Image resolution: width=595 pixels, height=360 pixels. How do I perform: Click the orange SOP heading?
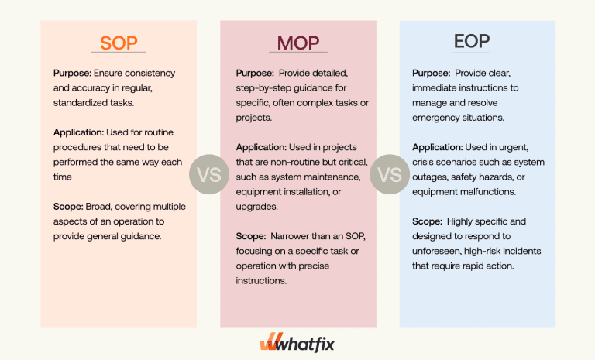tap(118, 43)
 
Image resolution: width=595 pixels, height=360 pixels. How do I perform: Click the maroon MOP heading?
tap(297, 43)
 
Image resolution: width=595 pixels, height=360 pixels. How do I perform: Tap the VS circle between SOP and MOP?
tap(208, 174)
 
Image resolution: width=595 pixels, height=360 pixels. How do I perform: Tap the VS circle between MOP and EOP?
tap(388, 174)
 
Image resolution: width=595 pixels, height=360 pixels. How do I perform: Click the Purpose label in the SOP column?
tap(73, 74)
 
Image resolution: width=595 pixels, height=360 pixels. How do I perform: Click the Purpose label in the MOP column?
tap(255, 74)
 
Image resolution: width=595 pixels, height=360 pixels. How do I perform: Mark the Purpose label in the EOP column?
tap(432, 74)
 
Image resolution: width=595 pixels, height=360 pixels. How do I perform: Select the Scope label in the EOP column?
tap(427, 221)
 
